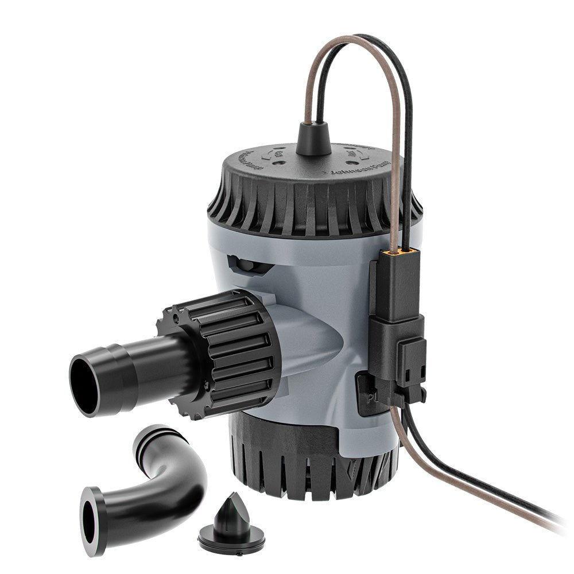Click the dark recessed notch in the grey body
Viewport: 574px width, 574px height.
tap(247, 265)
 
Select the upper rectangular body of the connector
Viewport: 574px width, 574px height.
tap(396, 287)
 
